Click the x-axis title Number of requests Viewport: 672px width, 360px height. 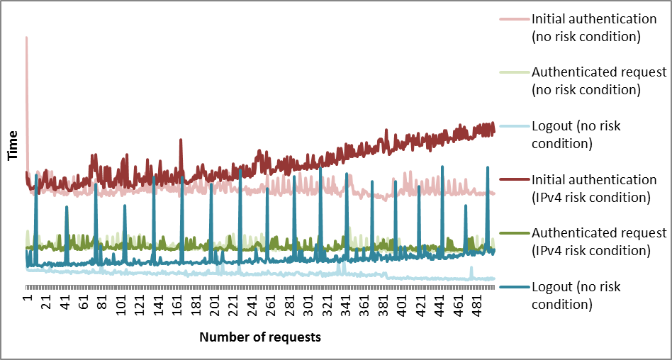pyautogui.click(x=260, y=337)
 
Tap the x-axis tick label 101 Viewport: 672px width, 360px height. pyautogui.click(x=122, y=303)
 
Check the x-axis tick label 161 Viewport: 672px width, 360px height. pyautogui.click(x=178, y=303)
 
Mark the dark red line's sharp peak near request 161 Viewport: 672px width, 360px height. pyautogui.click(x=181, y=140)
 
